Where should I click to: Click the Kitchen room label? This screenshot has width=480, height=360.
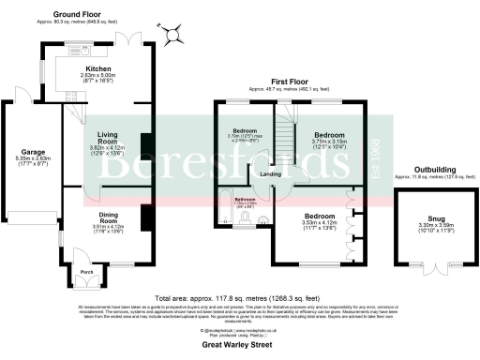pos(99,68)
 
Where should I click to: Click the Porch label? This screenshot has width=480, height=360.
pos(87,273)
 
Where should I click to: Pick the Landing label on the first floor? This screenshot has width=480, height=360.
pos(269,175)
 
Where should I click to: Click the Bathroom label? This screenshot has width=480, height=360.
pos(245,199)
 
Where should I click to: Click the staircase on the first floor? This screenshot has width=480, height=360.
pos(278,127)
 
